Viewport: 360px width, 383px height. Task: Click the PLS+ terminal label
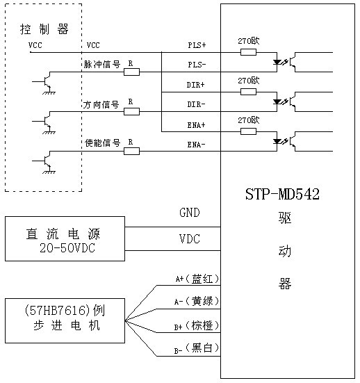pos(197,45)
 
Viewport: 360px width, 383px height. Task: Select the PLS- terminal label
pos(197,65)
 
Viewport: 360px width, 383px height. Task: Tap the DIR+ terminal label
pos(197,85)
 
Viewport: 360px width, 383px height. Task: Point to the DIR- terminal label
pos(197,104)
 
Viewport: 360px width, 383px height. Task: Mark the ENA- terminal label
pos(197,145)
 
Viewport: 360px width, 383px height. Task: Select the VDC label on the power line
pos(189,239)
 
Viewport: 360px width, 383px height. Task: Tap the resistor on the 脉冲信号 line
pos(131,72)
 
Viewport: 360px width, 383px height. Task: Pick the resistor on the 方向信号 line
pos(131,111)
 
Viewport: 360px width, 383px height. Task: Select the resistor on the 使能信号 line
pos(131,150)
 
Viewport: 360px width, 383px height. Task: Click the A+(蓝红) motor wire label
pos(197,279)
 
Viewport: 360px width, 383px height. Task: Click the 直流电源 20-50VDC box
pos(65,238)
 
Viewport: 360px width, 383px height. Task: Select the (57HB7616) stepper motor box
pos(65,320)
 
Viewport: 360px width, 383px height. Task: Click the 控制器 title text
pos(44,29)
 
